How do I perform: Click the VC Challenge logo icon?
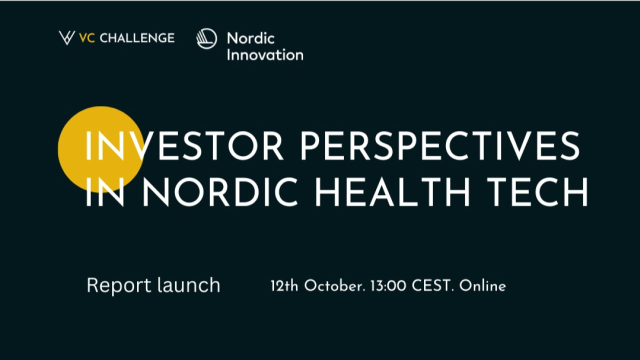pyautogui.click(x=66, y=38)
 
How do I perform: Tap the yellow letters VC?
pyautogui.click(x=87, y=38)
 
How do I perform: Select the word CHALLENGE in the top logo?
pyautogui.click(x=137, y=38)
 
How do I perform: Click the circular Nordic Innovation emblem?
pyautogui.click(x=207, y=39)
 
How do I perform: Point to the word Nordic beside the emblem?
pyautogui.click(x=250, y=38)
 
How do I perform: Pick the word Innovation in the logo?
pyautogui.click(x=265, y=54)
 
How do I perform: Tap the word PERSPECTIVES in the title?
pyautogui.click(x=440, y=146)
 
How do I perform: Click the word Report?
pyautogui.click(x=118, y=285)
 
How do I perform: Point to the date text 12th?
pyautogui.click(x=284, y=286)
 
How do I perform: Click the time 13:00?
pyautogui.click(x=388, y=286)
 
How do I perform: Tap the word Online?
pyautogui.click(x=482, y=286)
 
